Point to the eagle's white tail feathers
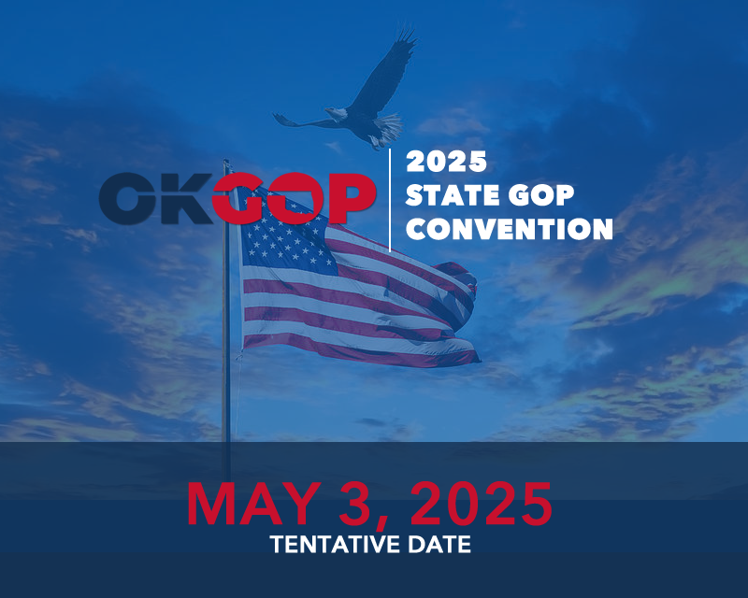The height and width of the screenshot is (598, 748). pyautogui.click(x=388, y=126)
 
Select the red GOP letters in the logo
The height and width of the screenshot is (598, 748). pyautogui.click(x=294, y=197)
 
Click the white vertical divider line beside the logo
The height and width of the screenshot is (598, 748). pyautogui.click(x=390, y=200)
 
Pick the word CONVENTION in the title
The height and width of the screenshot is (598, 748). pyautogui.click(x=509, y=228)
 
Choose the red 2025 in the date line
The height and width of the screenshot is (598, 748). pyautogui.click(x=482, y=504)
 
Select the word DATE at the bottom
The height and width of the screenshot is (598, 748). pyautogui.click(x=434, y=545)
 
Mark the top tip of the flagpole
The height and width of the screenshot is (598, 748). pyautogui.click(x=225, y=163)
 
